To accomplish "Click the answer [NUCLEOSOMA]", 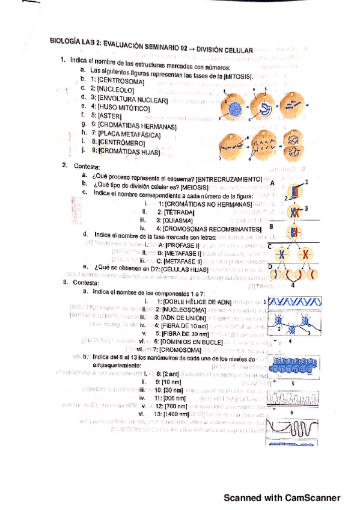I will (185, 308).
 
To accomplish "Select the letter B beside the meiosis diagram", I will (271, 227).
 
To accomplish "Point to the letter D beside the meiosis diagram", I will (270, 266).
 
